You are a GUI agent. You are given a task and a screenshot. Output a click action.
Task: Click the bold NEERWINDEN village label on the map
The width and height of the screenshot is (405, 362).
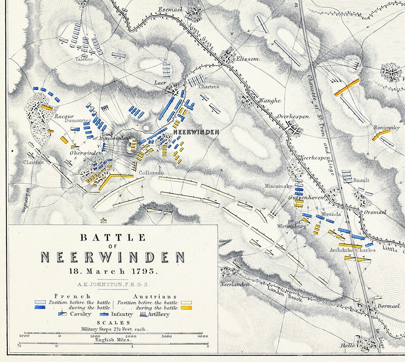coord(196,132)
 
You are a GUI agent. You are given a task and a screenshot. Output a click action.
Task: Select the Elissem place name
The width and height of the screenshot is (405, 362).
coord(247,59)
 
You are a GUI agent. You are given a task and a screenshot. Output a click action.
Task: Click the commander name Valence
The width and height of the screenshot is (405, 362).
coord(84,59)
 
